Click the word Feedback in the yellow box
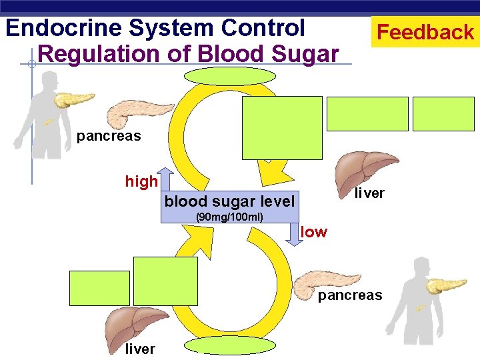(425, 32)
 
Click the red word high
(141, 181)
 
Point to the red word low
(314, 232)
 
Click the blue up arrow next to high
(166, 179)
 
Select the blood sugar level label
(229, 201)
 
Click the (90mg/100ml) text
(229, 217)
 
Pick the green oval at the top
(220, 75)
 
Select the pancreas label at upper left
(109, 137)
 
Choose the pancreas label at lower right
(350, 295)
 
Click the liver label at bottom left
(140, 349)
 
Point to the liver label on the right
(369, 193)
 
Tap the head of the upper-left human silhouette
(49, 80)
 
